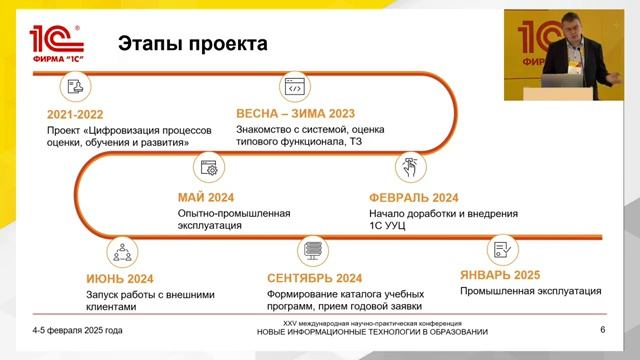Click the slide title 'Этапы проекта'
193,44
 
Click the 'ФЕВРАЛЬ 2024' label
413,197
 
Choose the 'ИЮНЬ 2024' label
120,278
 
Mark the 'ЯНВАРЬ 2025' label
500,275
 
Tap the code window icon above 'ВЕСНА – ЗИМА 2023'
294,87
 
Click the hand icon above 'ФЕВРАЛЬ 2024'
410,167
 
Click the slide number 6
603,330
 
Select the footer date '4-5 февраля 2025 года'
77,330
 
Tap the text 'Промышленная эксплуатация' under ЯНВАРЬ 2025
530,292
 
